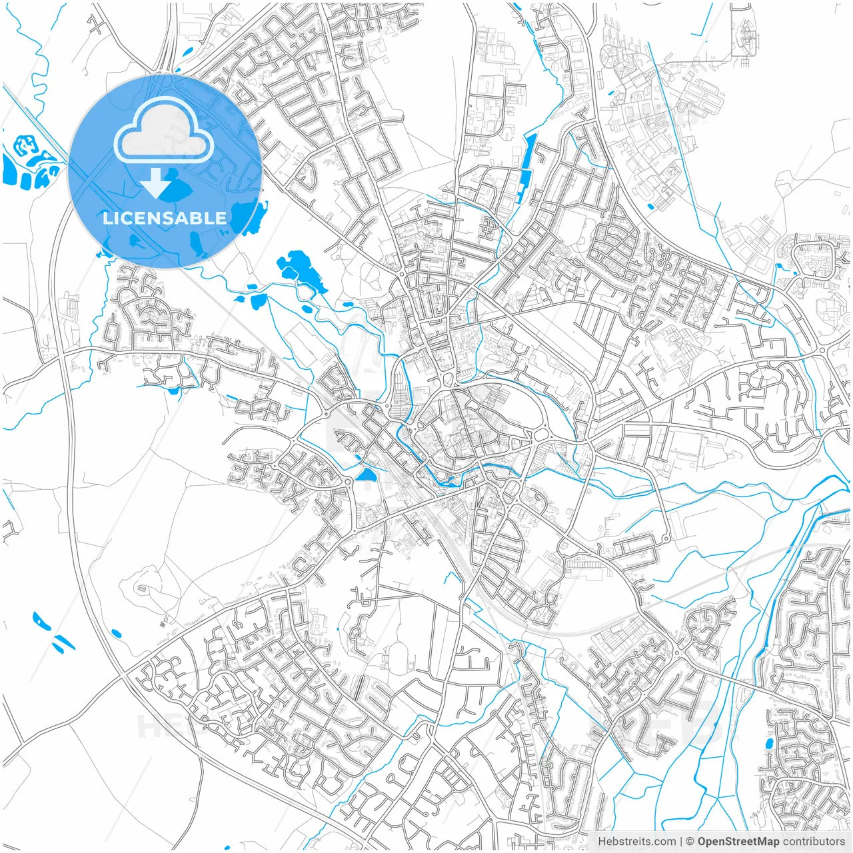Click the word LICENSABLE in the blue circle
tap(165, 218)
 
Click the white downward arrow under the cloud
tap(156, 184)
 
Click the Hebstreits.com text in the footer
tap(636, 842)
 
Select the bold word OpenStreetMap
tap(738, 842)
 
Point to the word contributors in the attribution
tap(814, 842)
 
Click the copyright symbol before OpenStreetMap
tap(690, 842)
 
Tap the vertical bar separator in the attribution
tap(680, 842)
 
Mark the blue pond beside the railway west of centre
tap(366, 475)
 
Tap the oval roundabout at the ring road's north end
tap(447, 381)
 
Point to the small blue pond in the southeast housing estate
tap(771, 760)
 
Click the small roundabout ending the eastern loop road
tap(666, 538)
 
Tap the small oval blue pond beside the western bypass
tap(116, 632)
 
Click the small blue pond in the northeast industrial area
tap(650, 207)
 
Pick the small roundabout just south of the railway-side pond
tap(349, 481)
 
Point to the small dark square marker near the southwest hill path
tap(164, 624)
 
